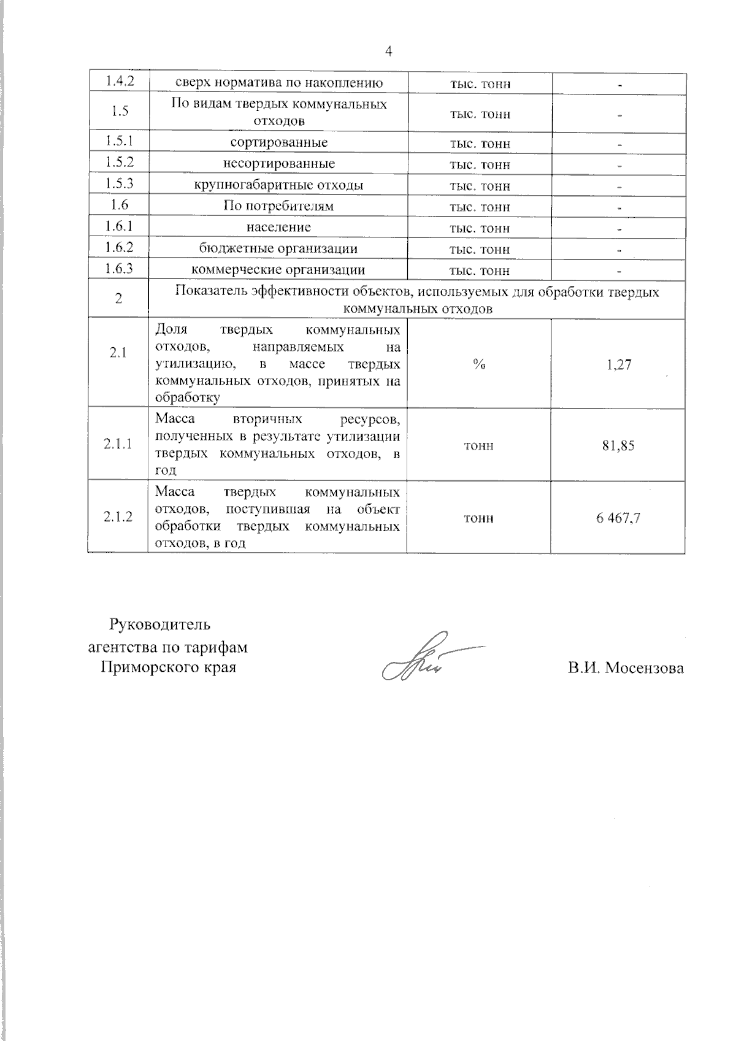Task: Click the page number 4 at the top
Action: click(388, 52)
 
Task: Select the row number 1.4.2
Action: click(118, 82)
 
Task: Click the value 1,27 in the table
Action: click(618, 365)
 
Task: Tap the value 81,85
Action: click(618, 445)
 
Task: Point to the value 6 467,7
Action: click(618, 518)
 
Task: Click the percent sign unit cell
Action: click(479, 364)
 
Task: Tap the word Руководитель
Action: click(159, 624)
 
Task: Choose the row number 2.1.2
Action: click(118, 517)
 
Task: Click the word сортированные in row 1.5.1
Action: click(279, 142)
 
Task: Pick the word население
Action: click(279, 227)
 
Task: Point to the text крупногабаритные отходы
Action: click(279, 185)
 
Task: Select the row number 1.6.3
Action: click(118, 269)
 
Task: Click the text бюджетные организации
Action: click(279, 248)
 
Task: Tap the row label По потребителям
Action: click(279, 206)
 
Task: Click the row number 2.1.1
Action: click(118, 444)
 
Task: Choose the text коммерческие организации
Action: click(279, 269)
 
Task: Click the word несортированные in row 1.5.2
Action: click(279, 164)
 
